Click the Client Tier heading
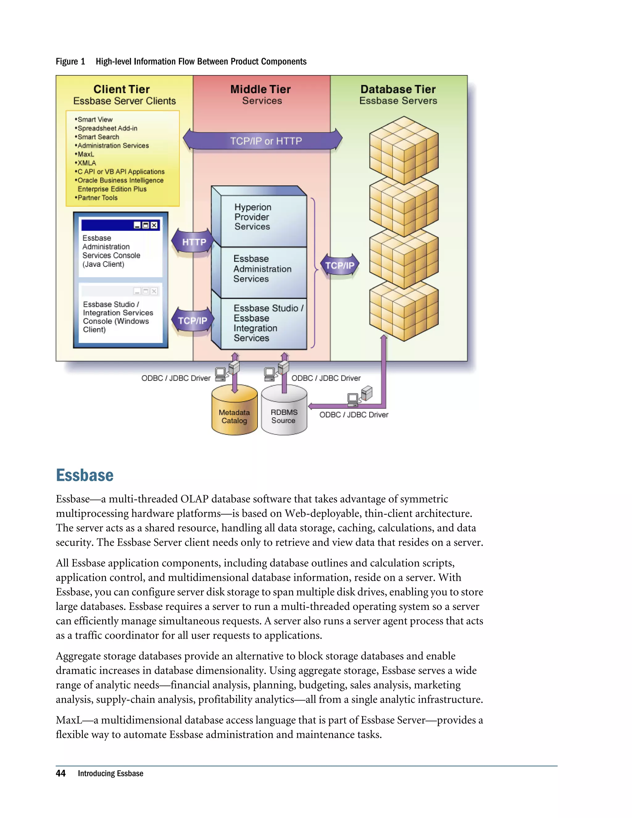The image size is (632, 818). (121, 89)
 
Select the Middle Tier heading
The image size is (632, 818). (260, 89)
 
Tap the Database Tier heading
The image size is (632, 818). (398, 89)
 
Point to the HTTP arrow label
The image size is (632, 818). (193, 242)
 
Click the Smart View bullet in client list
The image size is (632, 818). (95, 119)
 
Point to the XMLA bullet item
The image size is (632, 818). (86, 163)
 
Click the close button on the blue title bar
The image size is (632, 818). (154, 225)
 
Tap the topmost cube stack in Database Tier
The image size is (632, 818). (404, 150)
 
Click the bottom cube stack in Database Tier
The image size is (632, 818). (404, 312)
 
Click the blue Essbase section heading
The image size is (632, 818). (85, 475)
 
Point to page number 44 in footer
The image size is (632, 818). (61, 774)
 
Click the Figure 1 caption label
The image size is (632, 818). (70, 61)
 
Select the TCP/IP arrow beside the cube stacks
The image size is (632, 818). (339, 265)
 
